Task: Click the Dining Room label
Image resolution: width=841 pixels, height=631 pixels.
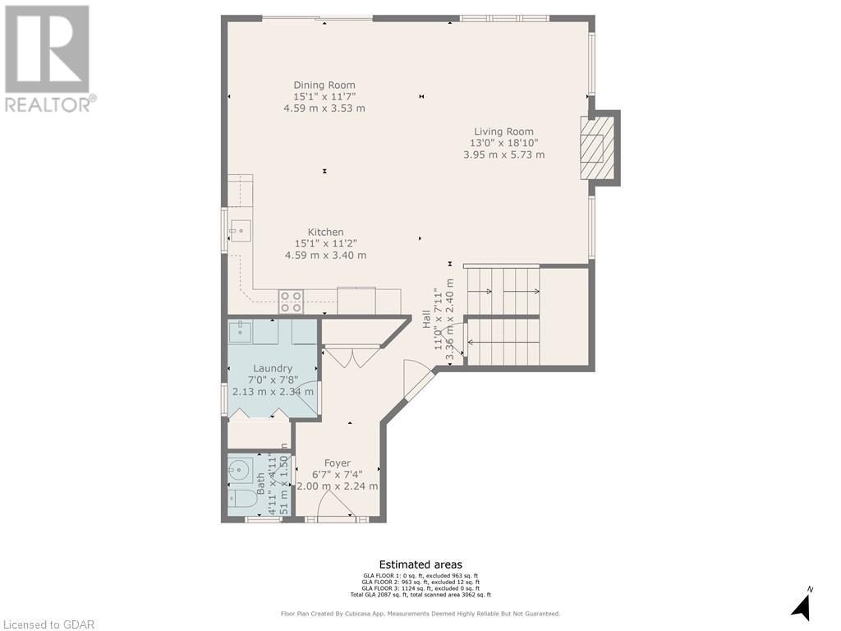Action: (324, 85)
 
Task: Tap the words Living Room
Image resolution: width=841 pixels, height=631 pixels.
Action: (503, 131)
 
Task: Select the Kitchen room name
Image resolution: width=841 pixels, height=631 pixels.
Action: (325, 232)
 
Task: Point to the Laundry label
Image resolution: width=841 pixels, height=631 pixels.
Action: (273, 368)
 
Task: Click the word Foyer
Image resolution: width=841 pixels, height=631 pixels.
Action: (337, 463)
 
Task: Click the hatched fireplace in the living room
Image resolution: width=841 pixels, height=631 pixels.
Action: (596, 148)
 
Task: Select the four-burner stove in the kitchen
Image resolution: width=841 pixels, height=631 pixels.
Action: (291, 302)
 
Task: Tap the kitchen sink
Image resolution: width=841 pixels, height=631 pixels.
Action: (239, 231)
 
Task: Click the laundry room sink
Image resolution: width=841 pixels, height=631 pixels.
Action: (241, 332)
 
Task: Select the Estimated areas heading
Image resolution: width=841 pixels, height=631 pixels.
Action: (420, 564)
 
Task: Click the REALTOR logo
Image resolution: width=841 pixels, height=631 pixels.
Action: (48, 58)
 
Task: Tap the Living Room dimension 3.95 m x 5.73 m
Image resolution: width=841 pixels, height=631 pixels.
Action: (503, 154)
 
